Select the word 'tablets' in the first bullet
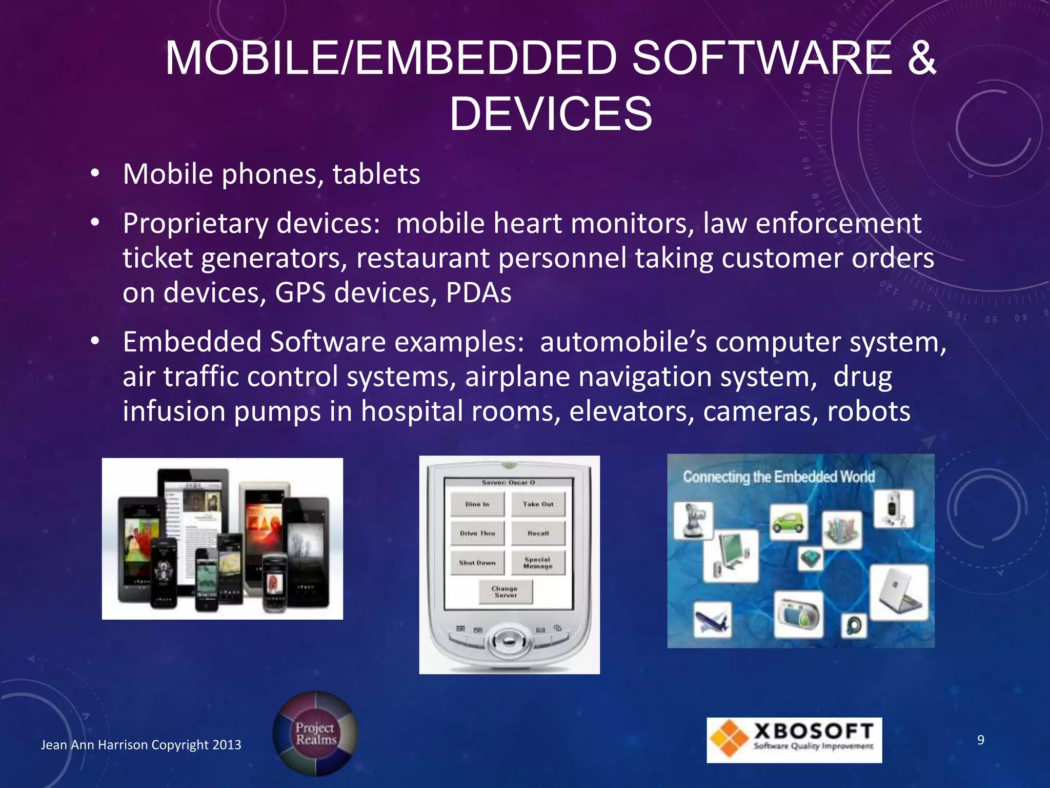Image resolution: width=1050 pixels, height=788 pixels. click(376, 174)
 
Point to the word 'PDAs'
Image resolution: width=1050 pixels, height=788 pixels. click(478, 293)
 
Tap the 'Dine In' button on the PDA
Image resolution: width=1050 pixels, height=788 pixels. click(477, 504)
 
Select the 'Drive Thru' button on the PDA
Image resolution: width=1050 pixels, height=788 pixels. click(477, 534)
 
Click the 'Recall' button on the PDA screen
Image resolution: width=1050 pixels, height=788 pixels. click(538, 534)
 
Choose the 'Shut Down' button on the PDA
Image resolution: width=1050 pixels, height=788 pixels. click(477, 563)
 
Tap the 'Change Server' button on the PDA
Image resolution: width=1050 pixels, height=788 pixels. click(506, 592)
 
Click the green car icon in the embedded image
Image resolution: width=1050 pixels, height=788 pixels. click(789, 522)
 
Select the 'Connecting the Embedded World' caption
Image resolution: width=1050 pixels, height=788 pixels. click(778, 477)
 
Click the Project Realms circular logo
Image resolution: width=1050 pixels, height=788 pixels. click(315, 734)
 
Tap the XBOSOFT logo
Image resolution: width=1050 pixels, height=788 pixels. click(794, 740)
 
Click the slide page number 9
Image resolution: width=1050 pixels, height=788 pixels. click(981, 740)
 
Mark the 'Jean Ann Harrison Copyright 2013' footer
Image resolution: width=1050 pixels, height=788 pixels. click(141, 745)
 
